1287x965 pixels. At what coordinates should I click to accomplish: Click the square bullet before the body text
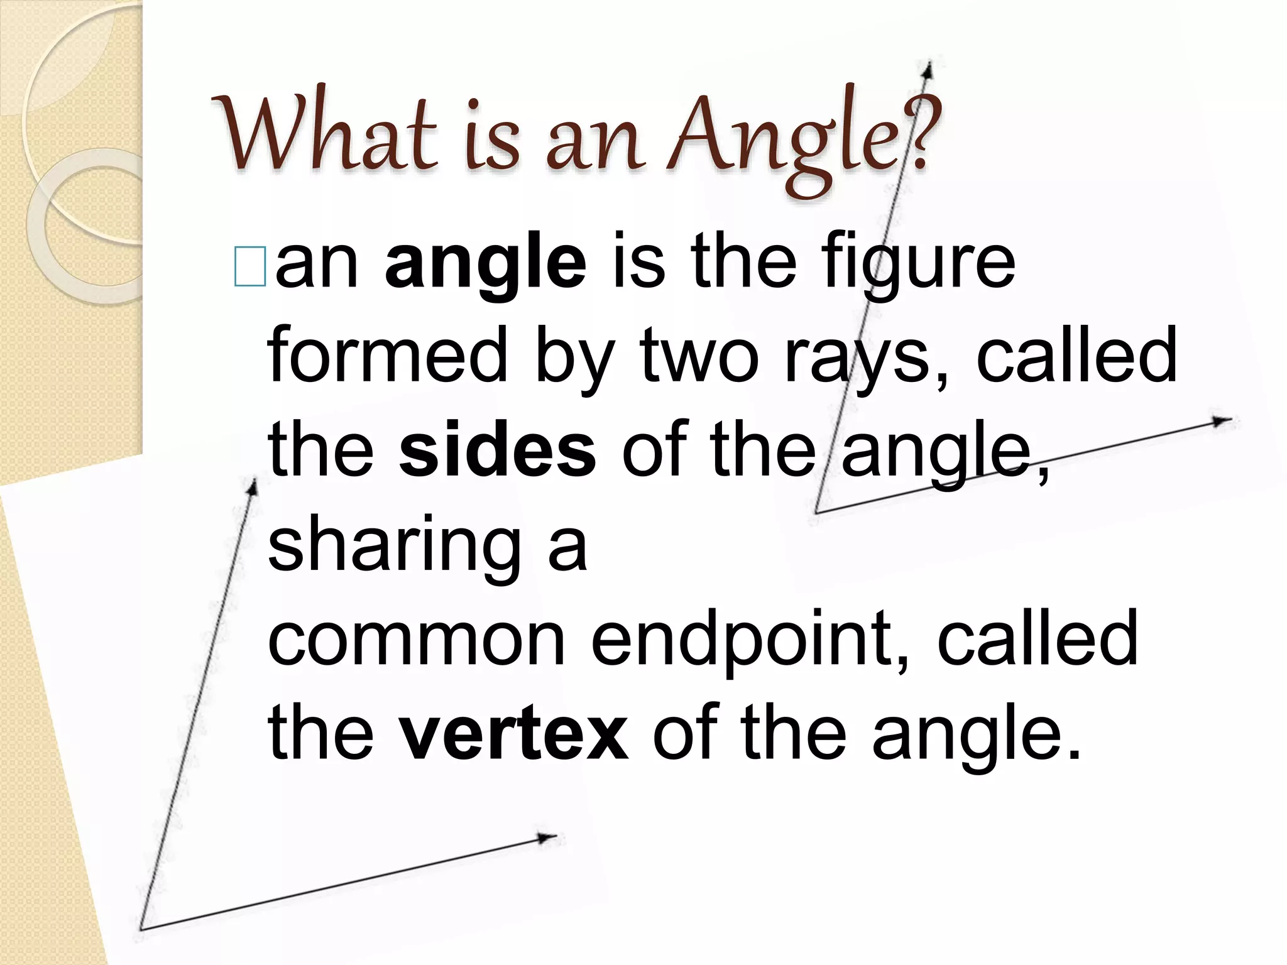pos(249,267)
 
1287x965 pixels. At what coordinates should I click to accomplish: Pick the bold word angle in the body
pos(485,264)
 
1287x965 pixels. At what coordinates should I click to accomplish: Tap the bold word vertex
pos(513,732)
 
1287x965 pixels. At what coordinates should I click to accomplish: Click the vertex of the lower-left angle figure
pos(141,929)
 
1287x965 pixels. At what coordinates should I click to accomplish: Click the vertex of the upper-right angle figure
pos(816,513)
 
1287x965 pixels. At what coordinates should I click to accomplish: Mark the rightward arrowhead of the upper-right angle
pos(1222,421)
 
